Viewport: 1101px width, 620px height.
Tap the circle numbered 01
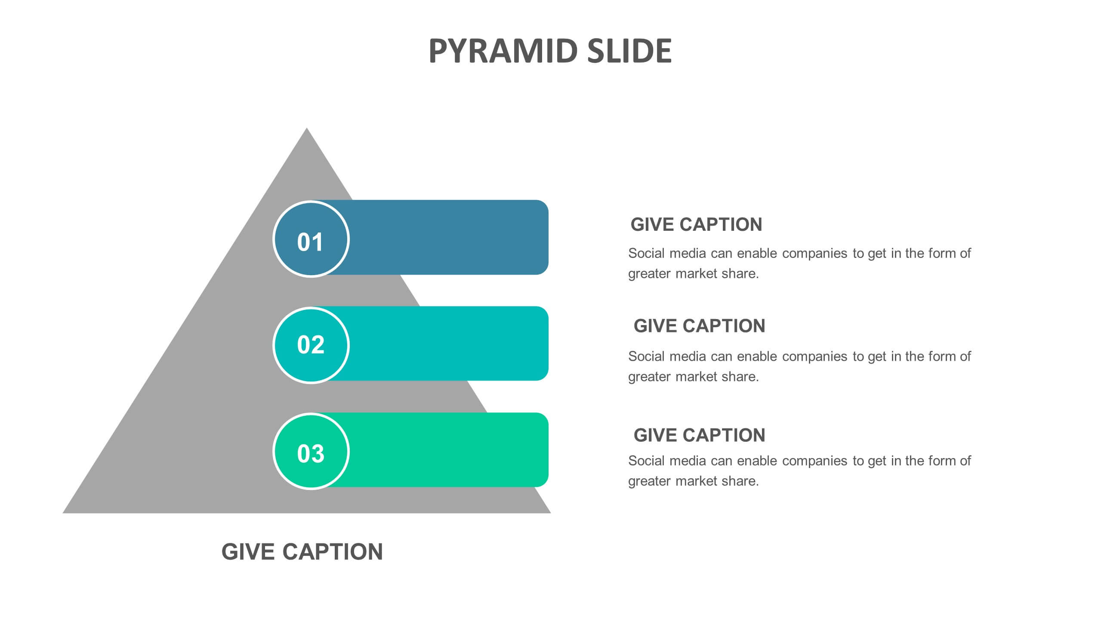tap(311, 239)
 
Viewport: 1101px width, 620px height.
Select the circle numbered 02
tap(311, 345)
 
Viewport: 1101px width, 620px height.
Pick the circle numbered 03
tap(311, 451)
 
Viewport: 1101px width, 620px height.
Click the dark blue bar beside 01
tap(447, 237)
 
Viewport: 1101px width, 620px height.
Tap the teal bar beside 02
tap(447, 344)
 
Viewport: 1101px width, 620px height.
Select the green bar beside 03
tap(447, 450)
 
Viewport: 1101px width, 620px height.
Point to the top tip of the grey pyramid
tap(307, 128)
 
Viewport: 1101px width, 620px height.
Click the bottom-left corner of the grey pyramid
tap(63, 513)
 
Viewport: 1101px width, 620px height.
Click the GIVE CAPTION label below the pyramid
tap(302, 552)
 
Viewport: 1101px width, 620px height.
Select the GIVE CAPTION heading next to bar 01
tap(696, 225)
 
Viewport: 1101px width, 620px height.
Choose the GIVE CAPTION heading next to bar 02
tap(700, 326)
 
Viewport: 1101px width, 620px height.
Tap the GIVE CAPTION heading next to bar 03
tap(700, 435)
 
